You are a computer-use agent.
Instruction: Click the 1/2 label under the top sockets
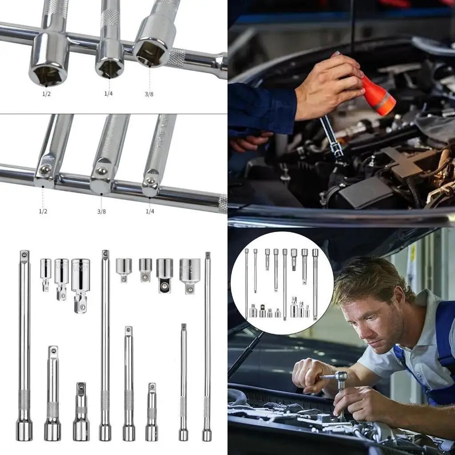click(x=46, y=94)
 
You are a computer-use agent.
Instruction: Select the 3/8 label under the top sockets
click(x=149, y=94)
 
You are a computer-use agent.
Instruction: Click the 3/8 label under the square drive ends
click(x=101, y=212)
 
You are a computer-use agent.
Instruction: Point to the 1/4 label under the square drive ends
click(x=150, y=212)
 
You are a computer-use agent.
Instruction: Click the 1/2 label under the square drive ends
click(x=43, y=212)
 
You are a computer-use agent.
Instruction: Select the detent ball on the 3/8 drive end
click(x=102, y=171)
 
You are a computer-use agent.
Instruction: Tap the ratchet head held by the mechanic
click(x=341, y=376)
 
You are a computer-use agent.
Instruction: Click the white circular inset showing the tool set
click(x=282, y=283)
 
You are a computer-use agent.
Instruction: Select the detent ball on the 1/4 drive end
click(x=151, y=181)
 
